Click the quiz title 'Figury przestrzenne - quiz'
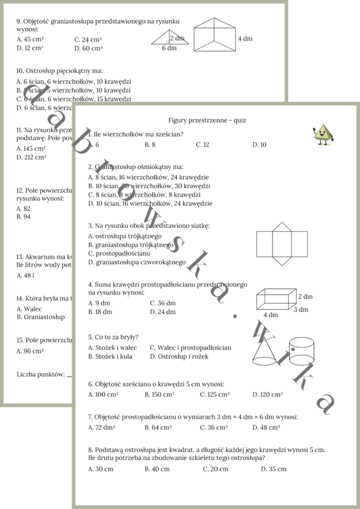click(x=207, y=120)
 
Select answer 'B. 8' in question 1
click(x=149, y=145)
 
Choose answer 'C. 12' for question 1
click(x=203, y=145)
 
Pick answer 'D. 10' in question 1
click(x=259, y=145)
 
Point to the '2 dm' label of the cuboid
click(x=305, y=296)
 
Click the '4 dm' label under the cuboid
click(x=271, y=314)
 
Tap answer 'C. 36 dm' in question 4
click(x=162, y=303)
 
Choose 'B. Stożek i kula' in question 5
click(x=110, y=356)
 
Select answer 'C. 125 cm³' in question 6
click(x=215, y=394)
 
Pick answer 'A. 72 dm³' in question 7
click(x=101, y=428)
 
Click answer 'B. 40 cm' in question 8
click(x=157, y=469)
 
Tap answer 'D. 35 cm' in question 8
click(x=273, y=469)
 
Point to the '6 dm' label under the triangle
click(x=169, y=48)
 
